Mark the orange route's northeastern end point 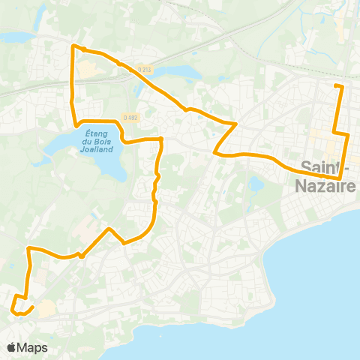pos(334,86)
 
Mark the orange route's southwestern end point pos(33,307)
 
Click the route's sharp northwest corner pos(72,46)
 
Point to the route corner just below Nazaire pos(341,178)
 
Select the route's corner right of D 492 pos(162,139)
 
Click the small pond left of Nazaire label pos(257,182)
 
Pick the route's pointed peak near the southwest pos(109,228)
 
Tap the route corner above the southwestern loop pos(28,247)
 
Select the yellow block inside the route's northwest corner pos(87,70)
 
